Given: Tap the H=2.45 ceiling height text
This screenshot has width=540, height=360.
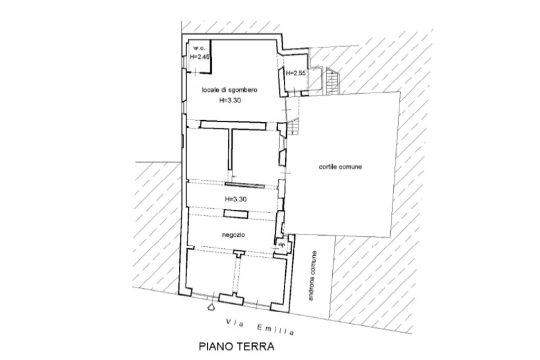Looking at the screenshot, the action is [200, 57].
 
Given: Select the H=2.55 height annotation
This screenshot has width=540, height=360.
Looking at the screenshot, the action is [296, 73].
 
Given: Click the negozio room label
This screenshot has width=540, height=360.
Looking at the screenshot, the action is [233, 233].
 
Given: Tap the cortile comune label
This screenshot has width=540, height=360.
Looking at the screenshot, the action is [340, 167].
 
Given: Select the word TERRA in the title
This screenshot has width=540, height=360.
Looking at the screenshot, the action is [256, 347].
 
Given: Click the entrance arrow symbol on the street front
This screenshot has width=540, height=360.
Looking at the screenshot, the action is [211, 306].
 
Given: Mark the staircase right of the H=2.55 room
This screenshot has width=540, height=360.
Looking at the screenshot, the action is [331, 82].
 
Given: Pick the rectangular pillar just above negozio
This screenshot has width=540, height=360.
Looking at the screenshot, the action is [235, 213].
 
